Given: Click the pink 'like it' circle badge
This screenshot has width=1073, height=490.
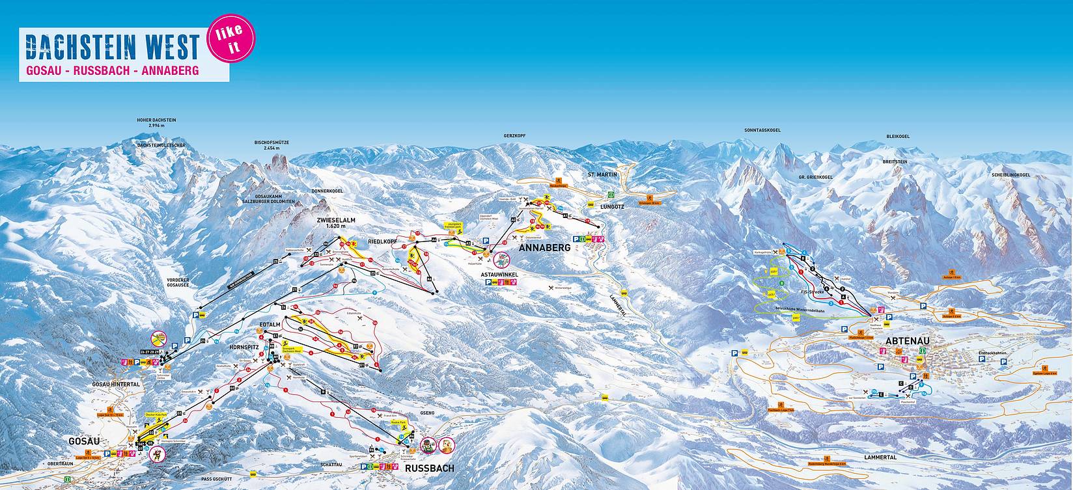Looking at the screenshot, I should pos(230,40).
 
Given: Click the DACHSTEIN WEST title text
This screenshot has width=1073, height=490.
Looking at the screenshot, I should pos(111,48).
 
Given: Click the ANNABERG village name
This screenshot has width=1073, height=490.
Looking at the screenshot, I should pos(544,248).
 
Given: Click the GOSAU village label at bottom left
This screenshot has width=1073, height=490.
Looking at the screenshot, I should pos(85,441).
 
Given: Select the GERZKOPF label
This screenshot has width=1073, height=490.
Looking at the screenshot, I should pos(514,135).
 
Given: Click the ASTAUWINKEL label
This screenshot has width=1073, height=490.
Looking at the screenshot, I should pos(499,275).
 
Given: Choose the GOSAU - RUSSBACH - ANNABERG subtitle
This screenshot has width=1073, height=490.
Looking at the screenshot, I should pos(113,69).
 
